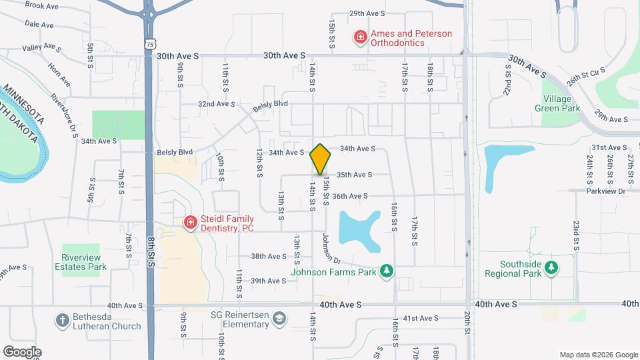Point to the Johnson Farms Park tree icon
click(x=385, y=271)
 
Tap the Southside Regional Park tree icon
click(x=551, y=268)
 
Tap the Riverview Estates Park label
click(x=84, y=262)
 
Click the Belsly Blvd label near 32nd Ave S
click(x=270, y=104)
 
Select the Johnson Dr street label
click(x=331, y=247)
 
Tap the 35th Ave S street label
click(x=354, y=175)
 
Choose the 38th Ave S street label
click(x=269, y=256)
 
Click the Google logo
click(x=21, y=352)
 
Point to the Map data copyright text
click(x=598, y=355)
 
